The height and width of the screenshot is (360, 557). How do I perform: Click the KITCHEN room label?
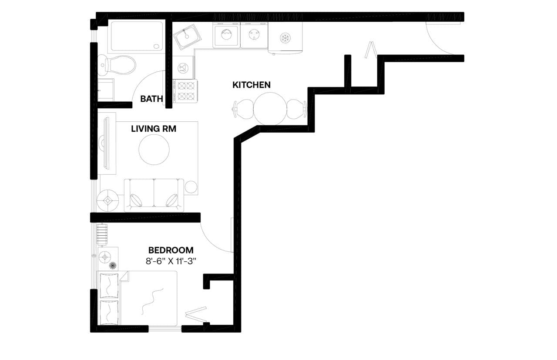pos(251,85)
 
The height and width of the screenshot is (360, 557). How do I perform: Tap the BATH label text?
pos(151,99)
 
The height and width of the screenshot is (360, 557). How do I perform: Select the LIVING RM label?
pos(154,129)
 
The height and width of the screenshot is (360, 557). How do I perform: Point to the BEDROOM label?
pos(171,250)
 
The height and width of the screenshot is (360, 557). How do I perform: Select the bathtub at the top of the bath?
pos(136,36)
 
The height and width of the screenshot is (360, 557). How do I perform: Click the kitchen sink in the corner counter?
pos(188,35)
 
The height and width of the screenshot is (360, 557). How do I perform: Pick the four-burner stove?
pos(185,90)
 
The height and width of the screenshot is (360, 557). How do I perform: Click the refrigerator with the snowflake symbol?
pos(285,37)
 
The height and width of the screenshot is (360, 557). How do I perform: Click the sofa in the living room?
pos(154,194)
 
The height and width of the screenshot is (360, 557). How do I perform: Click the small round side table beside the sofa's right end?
pos(191,187)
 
